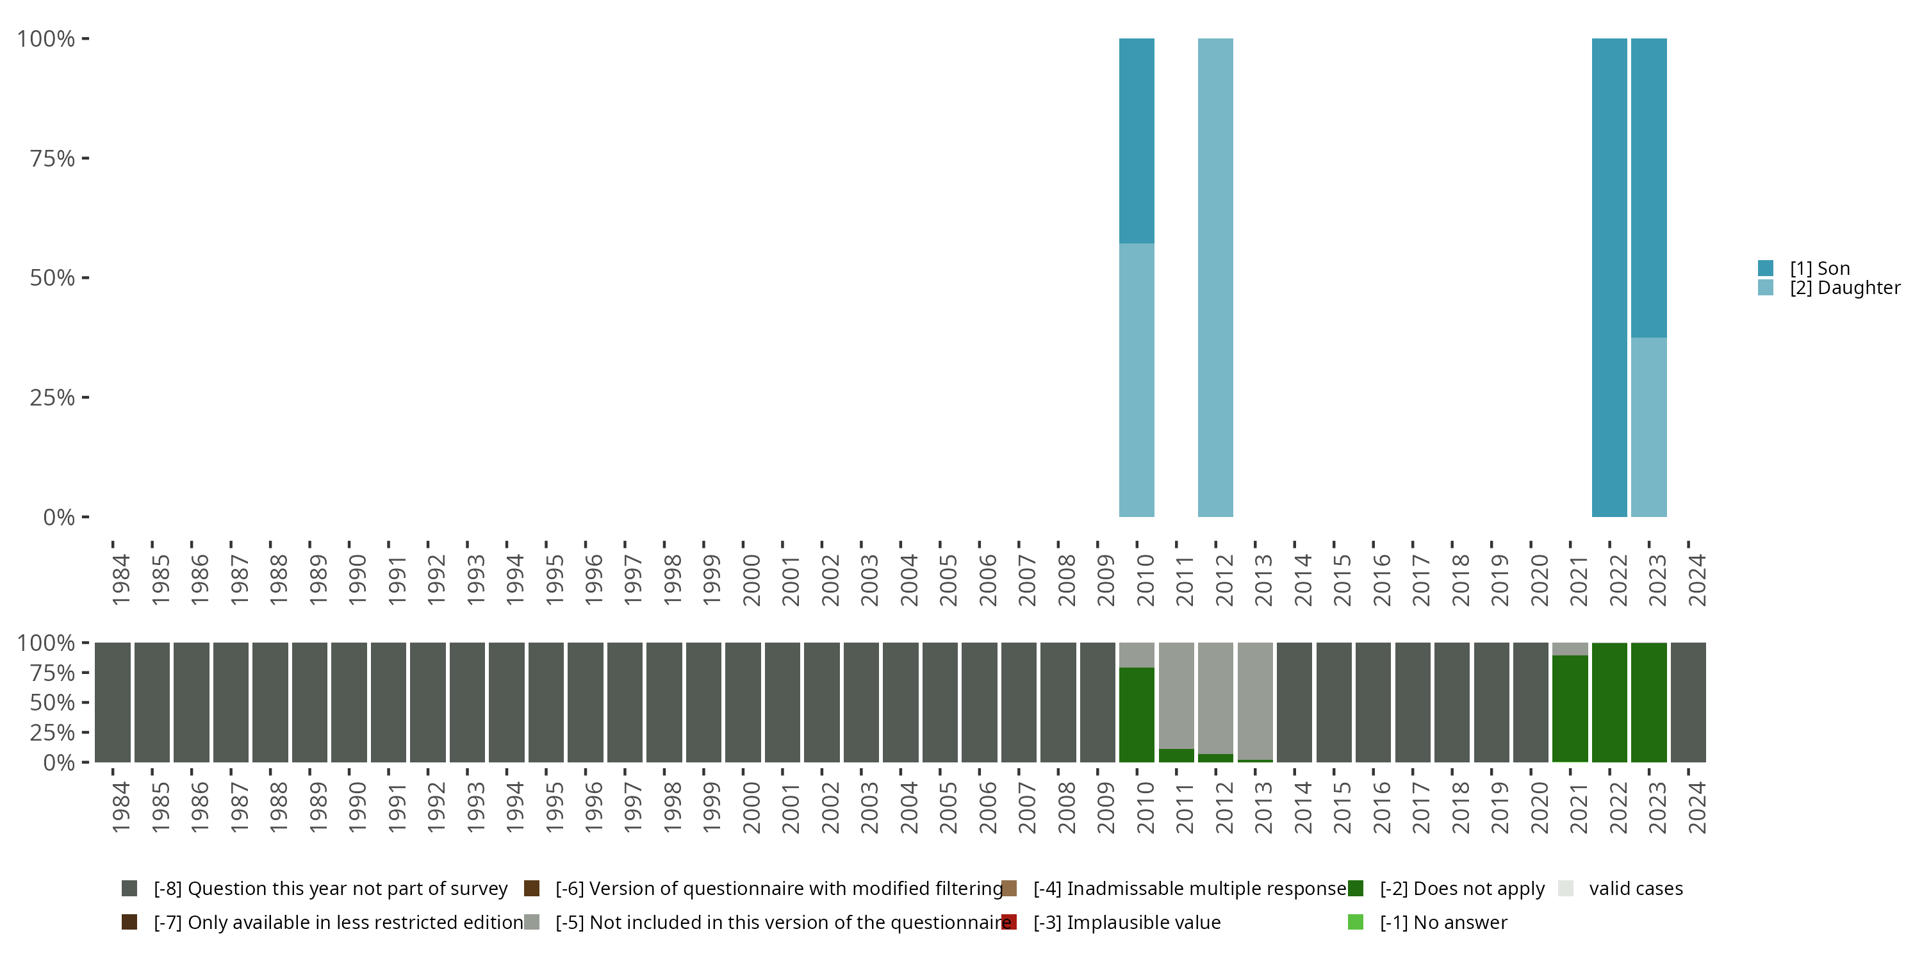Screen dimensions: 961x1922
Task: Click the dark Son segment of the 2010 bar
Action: [1137, 140]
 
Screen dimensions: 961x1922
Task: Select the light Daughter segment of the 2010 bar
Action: [1137, 380]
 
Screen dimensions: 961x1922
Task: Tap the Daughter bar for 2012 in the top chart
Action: [1215, 277]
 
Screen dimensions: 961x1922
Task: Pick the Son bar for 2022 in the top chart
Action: [1609, 277]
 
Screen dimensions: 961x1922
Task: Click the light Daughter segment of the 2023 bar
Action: [1649, 427]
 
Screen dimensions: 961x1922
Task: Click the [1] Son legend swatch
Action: [1765, 268]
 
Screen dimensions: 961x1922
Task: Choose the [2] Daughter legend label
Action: [1844, 288]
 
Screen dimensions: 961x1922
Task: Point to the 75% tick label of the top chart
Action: [53, 158]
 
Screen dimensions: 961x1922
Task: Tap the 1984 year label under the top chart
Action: [121, 580]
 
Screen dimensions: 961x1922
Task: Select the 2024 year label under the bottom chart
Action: [1696, 807]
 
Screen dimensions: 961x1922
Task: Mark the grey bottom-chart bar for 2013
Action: [1255, 700]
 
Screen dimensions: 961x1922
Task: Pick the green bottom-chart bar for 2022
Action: [1609, 703]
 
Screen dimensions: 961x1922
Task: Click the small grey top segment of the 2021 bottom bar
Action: [1570, 648]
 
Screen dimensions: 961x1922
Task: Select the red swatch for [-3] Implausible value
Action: [1009, 922]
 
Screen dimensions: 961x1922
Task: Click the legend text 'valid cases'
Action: [1636, 889]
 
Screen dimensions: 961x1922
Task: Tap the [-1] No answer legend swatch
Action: [1356, 922]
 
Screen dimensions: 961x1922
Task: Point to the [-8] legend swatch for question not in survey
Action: [129, 889]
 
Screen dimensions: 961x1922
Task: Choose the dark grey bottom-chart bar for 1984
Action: [113, 703]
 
